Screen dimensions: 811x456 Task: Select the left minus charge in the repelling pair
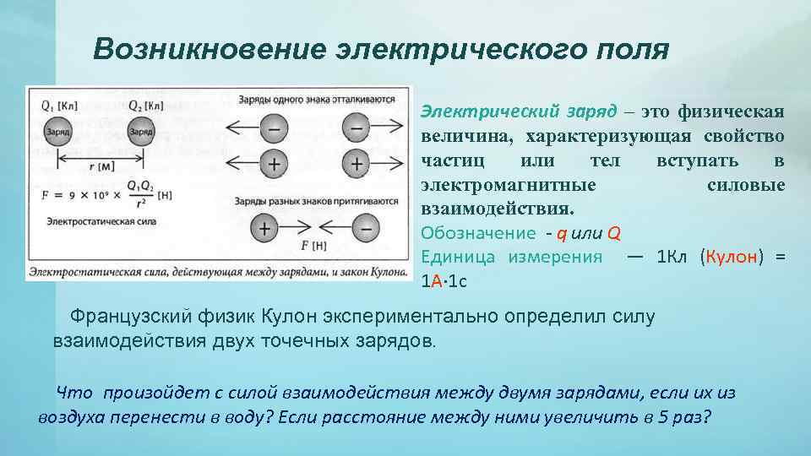point(273,130)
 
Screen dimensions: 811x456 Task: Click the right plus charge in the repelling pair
point(357,163)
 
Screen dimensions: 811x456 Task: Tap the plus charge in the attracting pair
point(265,228)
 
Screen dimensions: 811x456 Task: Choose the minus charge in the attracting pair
point(365,228)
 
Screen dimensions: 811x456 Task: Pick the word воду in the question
point(242,417)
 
